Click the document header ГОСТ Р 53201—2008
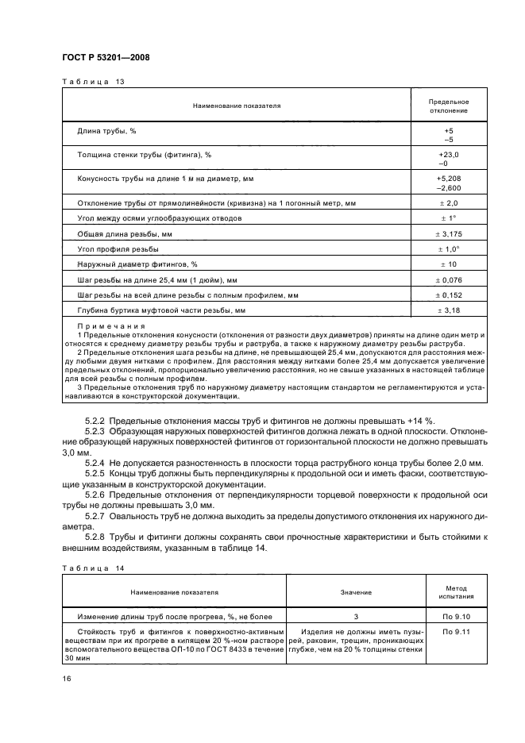[x=105, y=58]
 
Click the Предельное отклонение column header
[x=449, y=106]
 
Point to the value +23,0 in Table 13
[x=449, y=154]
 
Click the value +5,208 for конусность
[x=449, y=179]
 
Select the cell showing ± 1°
[x=449, y=218]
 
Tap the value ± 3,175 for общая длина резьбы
[x=449, y=234]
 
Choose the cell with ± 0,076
[x=449, y=279]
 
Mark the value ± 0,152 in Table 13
[x=449, y=295]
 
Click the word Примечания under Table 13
[x=110, y=326]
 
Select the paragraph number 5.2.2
[x=95, y=421]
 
